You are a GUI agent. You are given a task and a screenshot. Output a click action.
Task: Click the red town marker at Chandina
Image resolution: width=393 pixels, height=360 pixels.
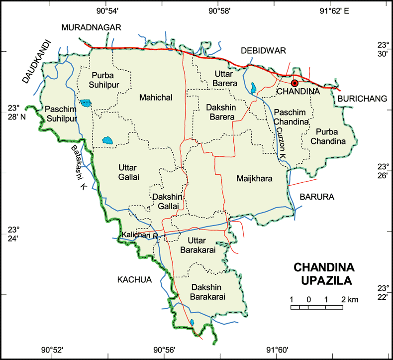tap(295, 83)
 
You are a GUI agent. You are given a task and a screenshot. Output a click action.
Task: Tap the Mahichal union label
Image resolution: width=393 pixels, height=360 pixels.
tap(156, 98)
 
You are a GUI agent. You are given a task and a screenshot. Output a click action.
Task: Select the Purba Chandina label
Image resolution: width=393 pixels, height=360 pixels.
tap(328, 136)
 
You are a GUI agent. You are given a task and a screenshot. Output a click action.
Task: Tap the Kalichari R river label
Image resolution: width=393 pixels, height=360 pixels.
tap(140, 234)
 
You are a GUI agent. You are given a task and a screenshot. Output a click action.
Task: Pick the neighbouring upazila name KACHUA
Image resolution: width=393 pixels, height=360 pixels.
tap(134, 279)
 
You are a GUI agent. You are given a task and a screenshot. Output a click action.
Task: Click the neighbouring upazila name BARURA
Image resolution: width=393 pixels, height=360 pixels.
tap(317, 197)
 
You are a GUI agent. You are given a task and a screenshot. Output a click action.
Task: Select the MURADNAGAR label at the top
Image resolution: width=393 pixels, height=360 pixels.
tap(91, 27)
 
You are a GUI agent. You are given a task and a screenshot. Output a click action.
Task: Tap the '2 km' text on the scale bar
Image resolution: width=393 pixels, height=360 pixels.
tap(350, 299)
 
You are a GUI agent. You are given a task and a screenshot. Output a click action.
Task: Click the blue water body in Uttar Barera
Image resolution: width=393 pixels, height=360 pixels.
tap(254, 88)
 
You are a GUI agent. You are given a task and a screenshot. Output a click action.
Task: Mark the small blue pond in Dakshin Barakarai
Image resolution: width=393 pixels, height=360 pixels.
tap(192, 322)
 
